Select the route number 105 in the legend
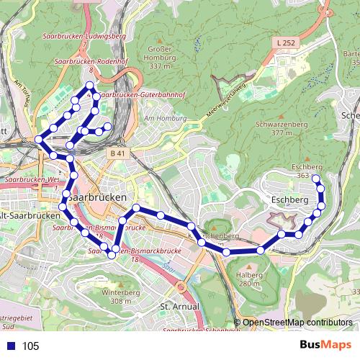tap(30, 346)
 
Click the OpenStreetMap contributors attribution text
tap(297, 323)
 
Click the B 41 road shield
tap(117, 153)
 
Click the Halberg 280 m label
tap(249, 278)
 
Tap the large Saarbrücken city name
tap(100, 197)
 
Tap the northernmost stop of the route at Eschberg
tap(315, 168)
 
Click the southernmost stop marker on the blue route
tap(112, 256)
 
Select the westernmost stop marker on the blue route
tap(38, 140)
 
